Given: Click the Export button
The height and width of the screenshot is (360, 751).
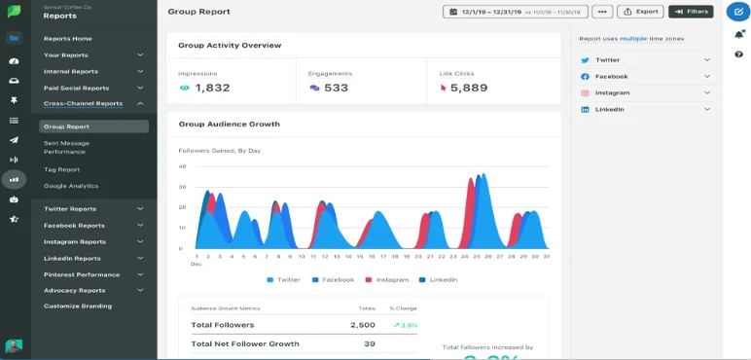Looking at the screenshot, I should click(641, 12).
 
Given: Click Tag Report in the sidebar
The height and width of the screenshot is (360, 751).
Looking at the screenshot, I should click(61, 169).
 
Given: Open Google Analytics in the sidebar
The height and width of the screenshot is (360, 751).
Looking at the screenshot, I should click(71, 186).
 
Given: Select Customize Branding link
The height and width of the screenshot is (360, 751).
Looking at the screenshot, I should click(78, 306).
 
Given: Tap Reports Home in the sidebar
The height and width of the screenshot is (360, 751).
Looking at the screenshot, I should click(68, 38).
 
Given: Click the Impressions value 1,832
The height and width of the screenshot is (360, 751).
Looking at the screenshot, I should click(212, 88).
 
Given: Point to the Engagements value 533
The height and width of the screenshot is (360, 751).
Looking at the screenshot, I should click(336, 88).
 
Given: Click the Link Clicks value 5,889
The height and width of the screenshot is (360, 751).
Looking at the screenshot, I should click(469, 88).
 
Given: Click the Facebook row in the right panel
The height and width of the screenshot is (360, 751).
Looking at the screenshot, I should click(646, 76).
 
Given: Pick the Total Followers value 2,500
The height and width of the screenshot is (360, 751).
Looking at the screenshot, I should click(362, 325).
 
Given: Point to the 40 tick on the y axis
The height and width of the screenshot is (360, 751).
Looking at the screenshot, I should click(182, 166).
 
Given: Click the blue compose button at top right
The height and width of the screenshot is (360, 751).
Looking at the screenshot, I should click(737, 12).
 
